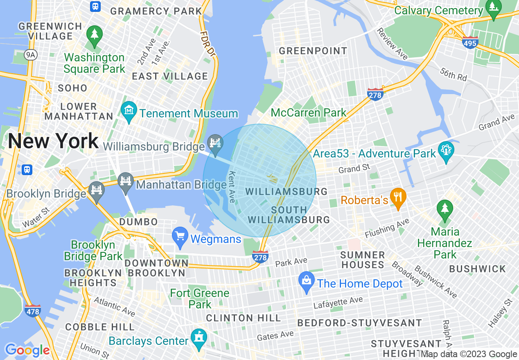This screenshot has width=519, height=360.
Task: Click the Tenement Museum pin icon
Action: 129,111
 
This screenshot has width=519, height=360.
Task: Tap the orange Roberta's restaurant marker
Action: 398,198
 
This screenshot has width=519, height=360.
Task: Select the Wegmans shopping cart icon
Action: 180,237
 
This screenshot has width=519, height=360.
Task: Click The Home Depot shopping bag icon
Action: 307,282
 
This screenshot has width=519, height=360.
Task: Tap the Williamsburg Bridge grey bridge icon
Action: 215,144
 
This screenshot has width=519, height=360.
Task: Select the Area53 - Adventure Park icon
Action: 446,152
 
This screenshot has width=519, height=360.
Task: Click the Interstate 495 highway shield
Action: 470,43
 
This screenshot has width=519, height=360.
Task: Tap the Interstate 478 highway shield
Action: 33,311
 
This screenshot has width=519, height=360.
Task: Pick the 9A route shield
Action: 30,55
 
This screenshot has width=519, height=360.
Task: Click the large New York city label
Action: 53,141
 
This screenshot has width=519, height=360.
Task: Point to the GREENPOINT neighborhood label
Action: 313,51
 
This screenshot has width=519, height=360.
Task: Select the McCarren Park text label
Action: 309,112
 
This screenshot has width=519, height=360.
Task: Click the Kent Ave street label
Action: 232,187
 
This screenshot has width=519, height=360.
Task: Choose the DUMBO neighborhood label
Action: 138,222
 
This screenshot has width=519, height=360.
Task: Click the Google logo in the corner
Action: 27,350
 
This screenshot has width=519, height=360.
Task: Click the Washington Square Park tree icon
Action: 94,34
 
